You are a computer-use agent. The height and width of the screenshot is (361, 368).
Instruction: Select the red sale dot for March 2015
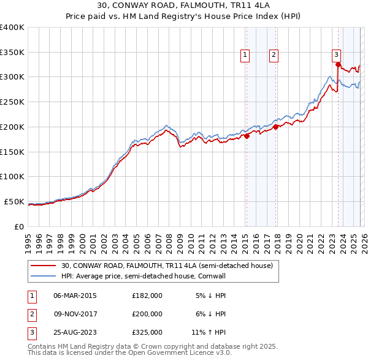coord(247,136)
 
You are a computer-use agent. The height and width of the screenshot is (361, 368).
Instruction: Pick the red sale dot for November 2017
coord(275,127)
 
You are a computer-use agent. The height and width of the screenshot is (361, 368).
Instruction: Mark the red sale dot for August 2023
coord(338,64)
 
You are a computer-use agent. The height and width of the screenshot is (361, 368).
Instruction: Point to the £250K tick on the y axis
coord(12,102)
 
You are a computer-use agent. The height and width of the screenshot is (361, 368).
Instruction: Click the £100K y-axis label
coord(12,177)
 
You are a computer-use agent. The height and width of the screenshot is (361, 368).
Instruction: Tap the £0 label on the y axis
coord(18,226)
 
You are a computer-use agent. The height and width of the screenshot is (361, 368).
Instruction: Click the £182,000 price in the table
coord(147,296)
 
